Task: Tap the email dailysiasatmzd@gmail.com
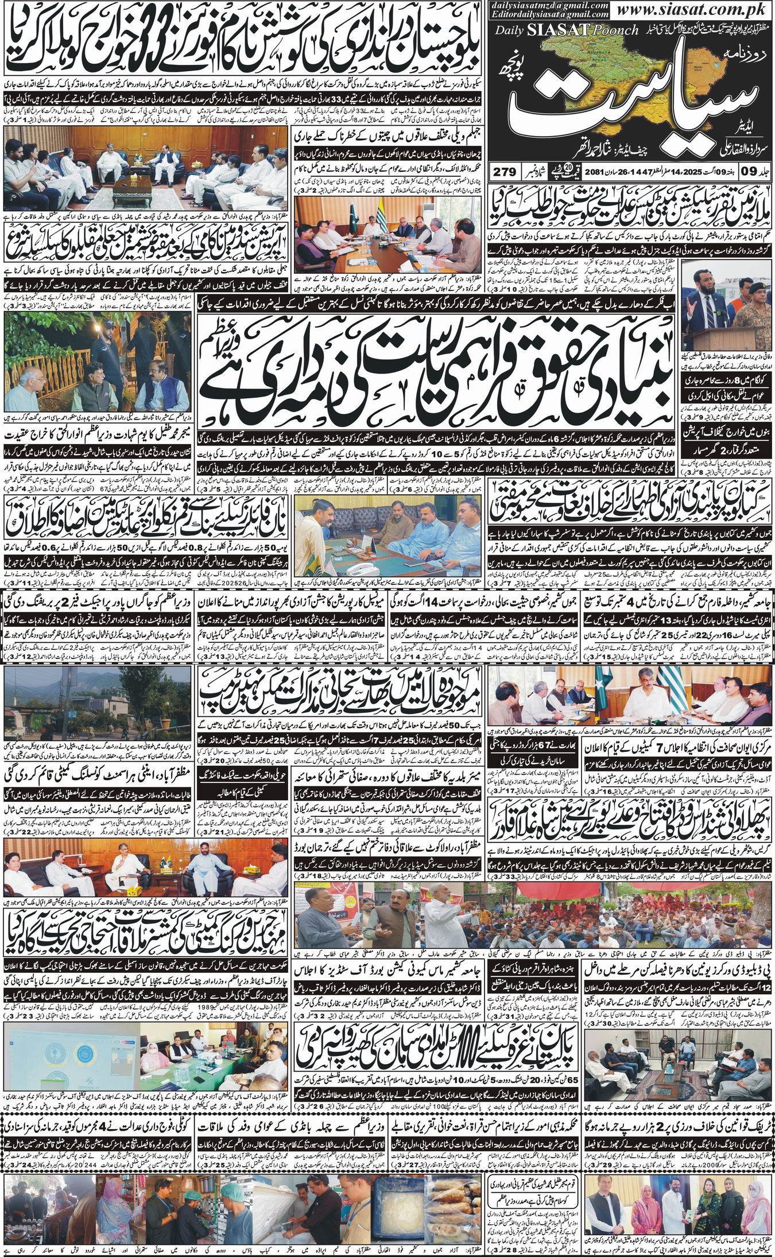tap(533, 5)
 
